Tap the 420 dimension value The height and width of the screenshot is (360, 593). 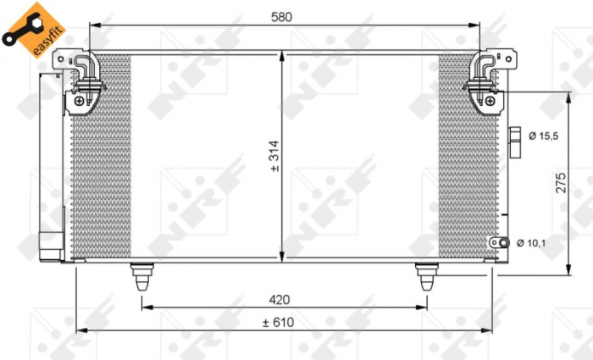[x=280, y=299]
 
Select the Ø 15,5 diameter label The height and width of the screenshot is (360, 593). [x=541, y=136]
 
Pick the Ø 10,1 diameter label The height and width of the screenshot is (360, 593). [x=541, y=243]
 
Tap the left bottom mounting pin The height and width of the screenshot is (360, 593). [x=141, y=276]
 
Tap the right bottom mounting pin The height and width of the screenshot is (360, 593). [x=425, y=276]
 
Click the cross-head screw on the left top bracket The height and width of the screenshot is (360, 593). [x=79, y=101]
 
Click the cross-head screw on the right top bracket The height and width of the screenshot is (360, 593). [x=490, y=101]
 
